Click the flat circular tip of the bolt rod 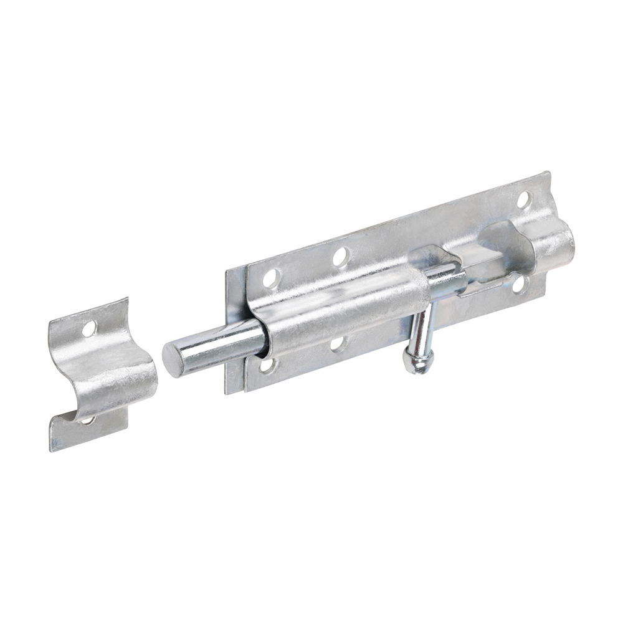click(174, 360)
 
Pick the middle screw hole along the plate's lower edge click(338, 343)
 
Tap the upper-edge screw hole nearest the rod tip click(270, 278)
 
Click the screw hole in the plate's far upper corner click(524, 201)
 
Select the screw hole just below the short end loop click(518, 284)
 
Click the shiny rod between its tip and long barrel click(218, 345)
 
